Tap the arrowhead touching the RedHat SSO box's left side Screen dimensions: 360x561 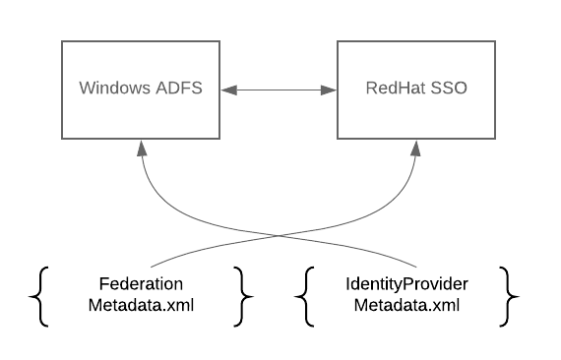(329, 90)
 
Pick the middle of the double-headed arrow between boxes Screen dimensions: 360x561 (279, 90)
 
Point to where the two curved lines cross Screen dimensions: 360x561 (279, 235)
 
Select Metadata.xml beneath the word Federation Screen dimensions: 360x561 (141, 304)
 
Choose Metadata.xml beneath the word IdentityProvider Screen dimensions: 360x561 (406, 304)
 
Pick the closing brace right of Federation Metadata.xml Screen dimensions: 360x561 (244, 294)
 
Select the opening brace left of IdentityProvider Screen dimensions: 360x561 (306, 294)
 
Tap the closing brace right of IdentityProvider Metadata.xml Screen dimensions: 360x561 (508, 294)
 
